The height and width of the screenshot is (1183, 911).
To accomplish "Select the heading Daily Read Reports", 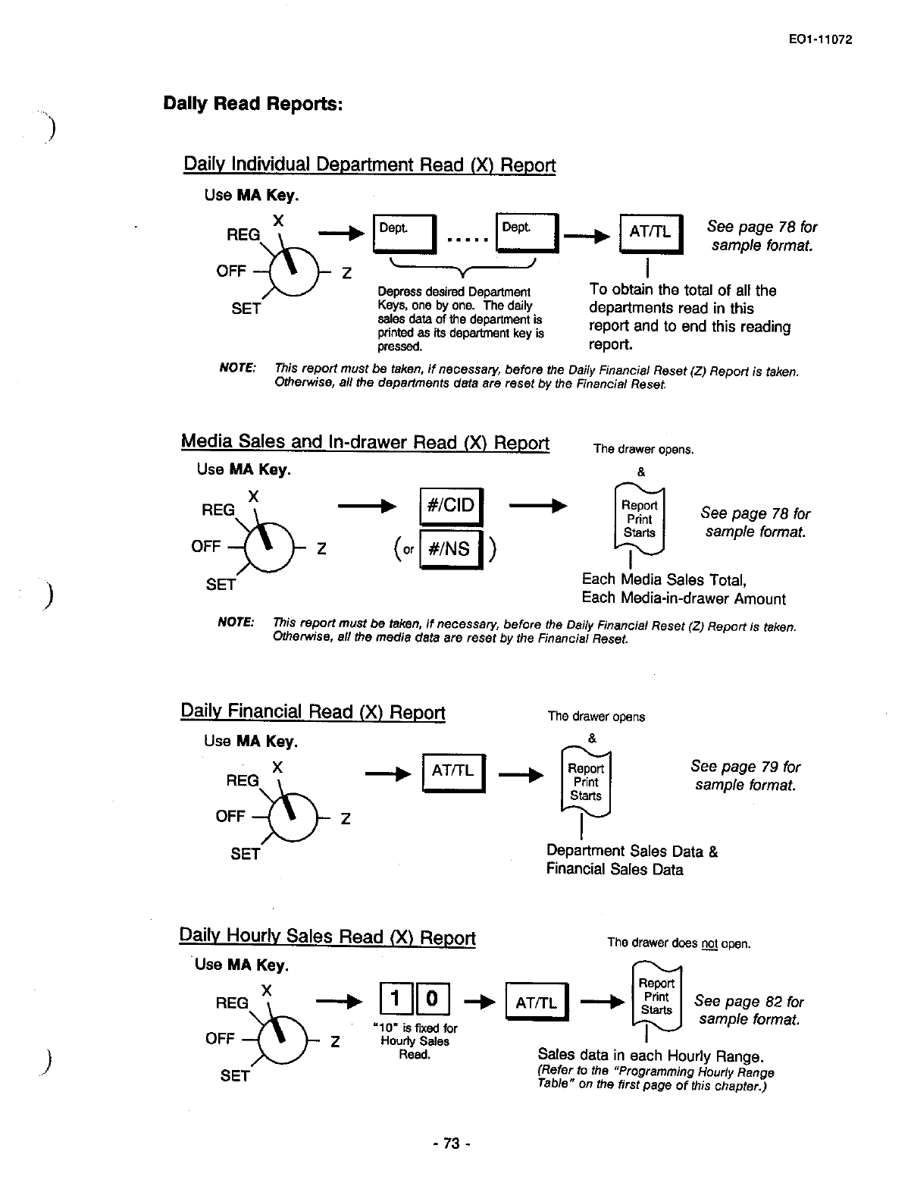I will [253, 103].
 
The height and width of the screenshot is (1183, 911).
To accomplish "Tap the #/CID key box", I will [450, 506].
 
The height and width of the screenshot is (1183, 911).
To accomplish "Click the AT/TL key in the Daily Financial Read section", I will [452, 772].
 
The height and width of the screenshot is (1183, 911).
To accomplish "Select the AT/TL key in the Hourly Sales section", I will [537, 1003].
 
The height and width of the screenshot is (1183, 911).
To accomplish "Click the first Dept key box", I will [403, 234].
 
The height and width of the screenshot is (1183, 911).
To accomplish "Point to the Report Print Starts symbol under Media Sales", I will [639, 519].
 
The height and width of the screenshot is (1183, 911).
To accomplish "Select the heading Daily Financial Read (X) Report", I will [313, 712].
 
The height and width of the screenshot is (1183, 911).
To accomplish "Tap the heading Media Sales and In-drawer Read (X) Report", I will [365, 442].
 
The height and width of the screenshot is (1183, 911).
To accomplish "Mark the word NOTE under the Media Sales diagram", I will [236, 622].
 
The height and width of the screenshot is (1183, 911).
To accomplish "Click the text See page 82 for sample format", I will [748, 1010].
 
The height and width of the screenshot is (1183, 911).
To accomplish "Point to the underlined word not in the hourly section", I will [709, 944].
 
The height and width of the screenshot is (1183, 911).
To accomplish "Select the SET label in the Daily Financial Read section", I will [246, 854].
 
